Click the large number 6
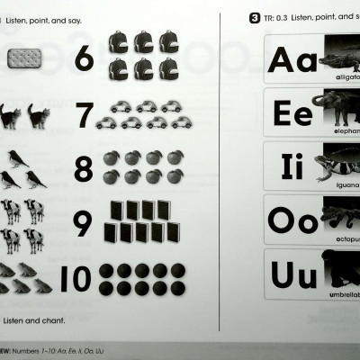[x=83, y=58]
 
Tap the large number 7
[x=84, y=115]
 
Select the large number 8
[x=83, y=168]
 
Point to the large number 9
[x=83, y=222]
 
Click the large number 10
[x=76, y=279]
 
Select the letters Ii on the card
[x=290, y=167]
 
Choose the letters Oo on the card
[x=292, y=220]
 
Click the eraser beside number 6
[x=25, y=59]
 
